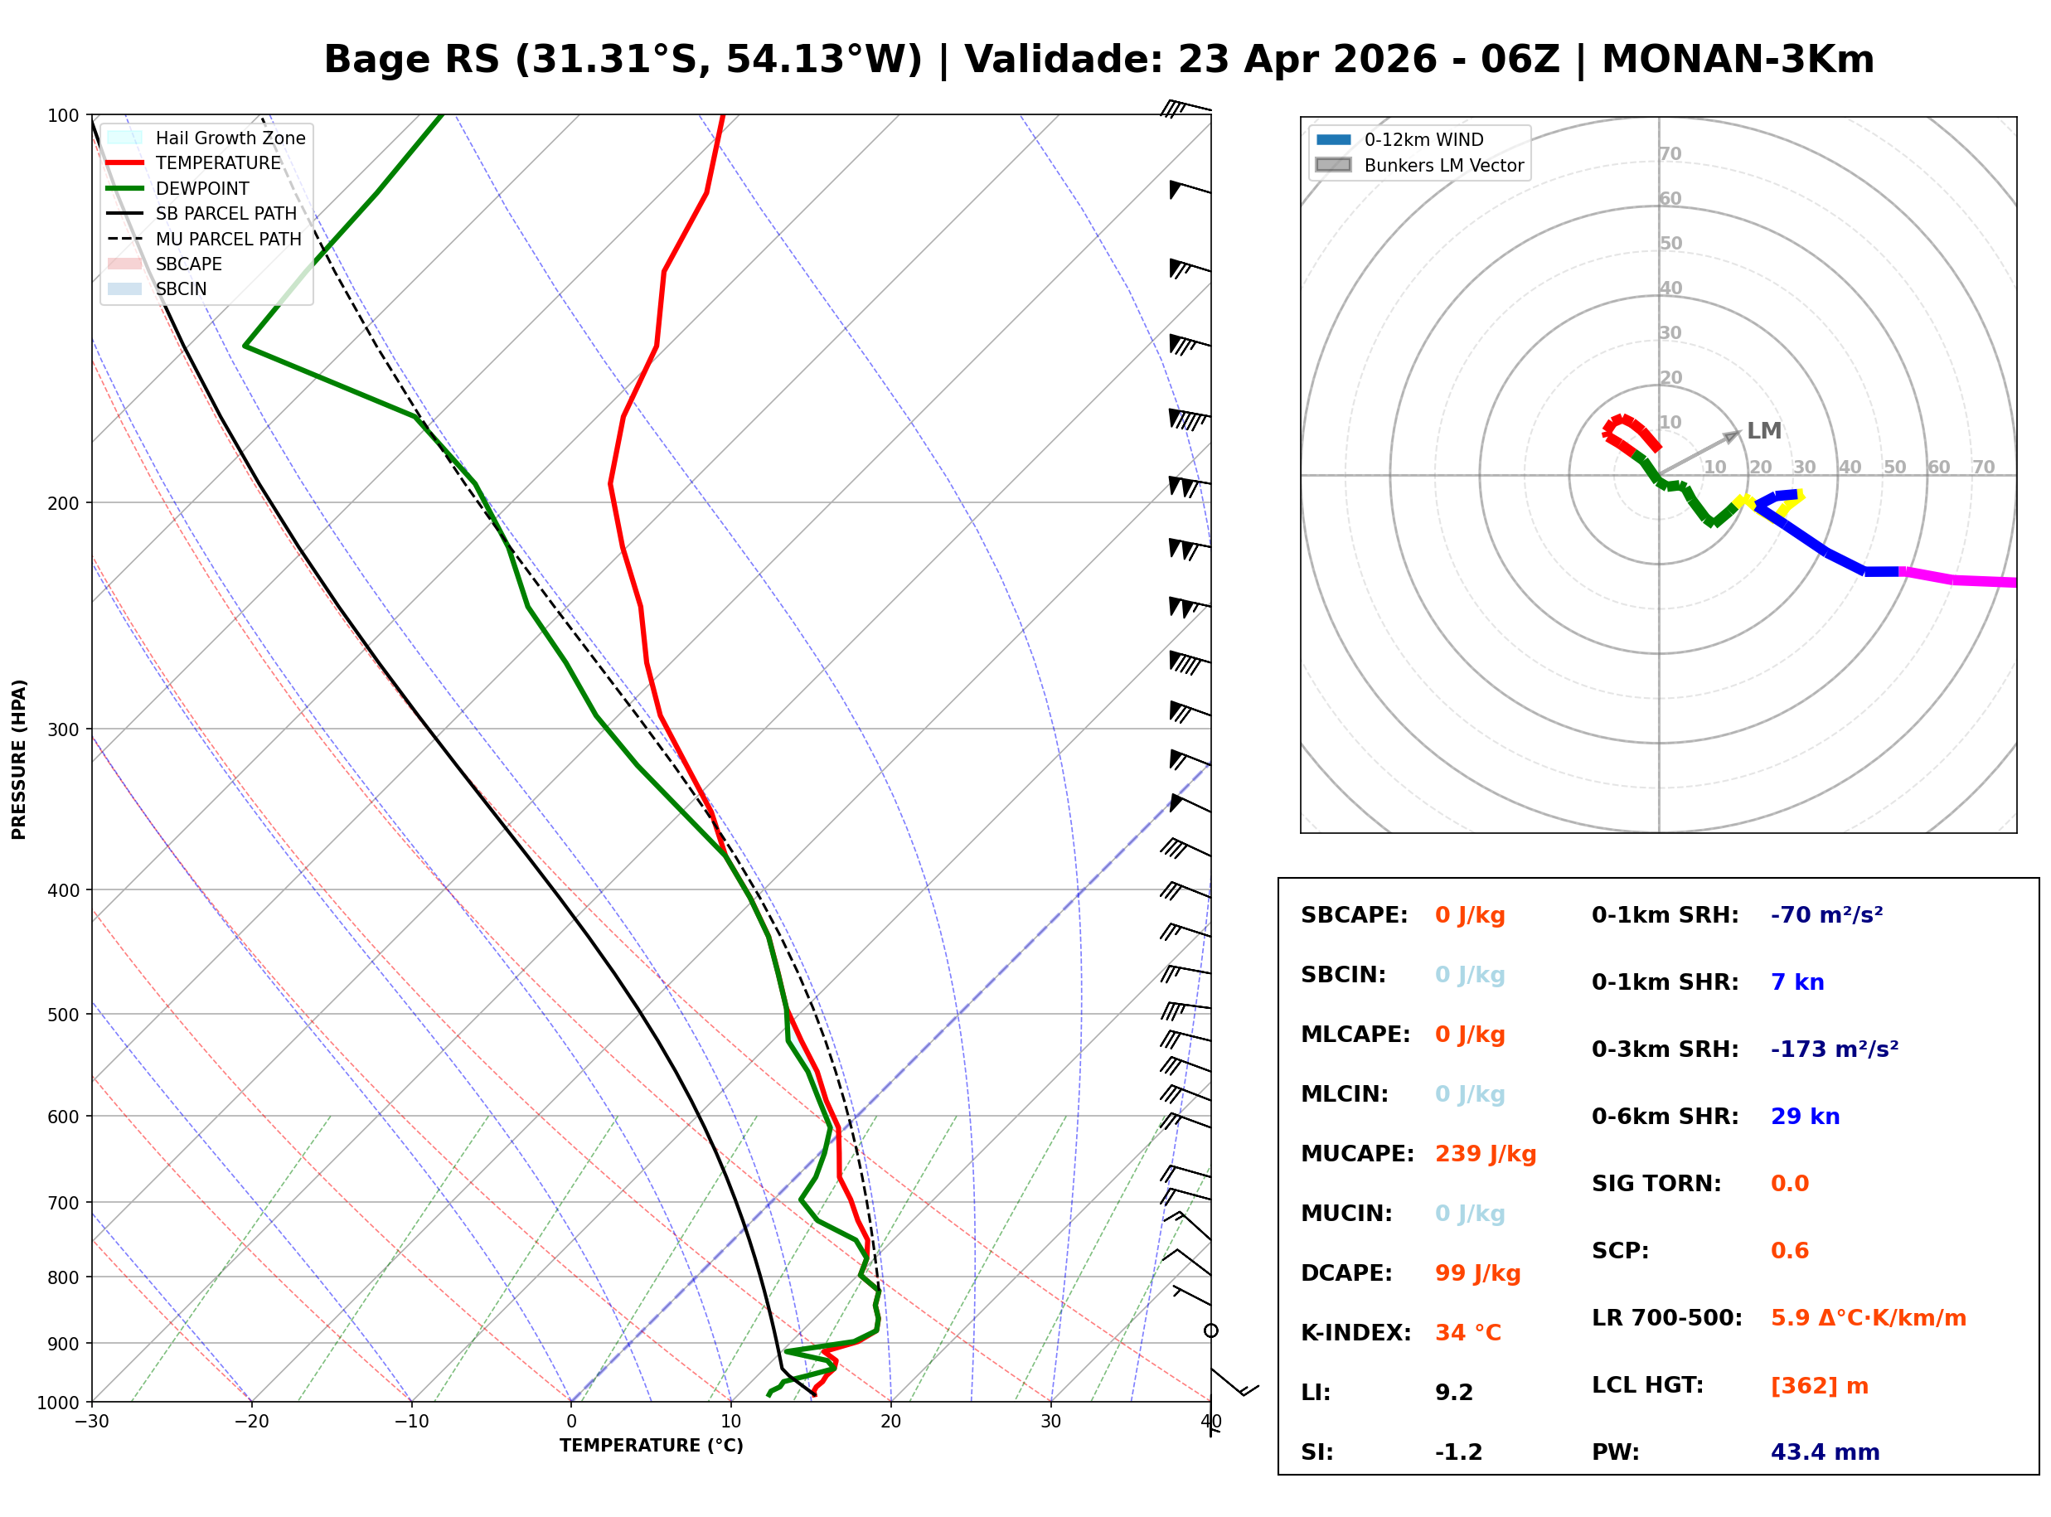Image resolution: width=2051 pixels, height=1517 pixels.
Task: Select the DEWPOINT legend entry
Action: pyautogui.click(x=202, y=188)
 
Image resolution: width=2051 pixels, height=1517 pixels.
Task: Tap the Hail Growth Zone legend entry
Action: pyautogui.click(x=230, y=138)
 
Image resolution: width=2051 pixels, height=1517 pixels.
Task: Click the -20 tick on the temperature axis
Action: pyautogui.click(x=250, y=1422)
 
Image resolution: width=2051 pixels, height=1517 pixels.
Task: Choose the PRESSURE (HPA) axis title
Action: pyautogui.click(x=19, y=758)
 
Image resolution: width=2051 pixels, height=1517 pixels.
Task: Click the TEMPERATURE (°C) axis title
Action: pyautogui.click(x=651, y=1446)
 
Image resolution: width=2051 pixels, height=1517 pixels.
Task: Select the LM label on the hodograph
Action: pyautogui.click(x=1763, y=431)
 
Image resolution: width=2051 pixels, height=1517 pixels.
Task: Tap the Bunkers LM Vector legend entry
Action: pyautogui.click(x=1443, y=165)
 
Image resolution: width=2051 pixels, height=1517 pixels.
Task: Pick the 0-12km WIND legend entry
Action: pyautogui.click(x=1423, y=139)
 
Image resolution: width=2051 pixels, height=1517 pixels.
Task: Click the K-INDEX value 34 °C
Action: pyautogui.click(x=1467, y=1332)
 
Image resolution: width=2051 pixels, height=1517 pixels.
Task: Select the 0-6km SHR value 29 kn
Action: pyautogui.click(x=1804, y=1116)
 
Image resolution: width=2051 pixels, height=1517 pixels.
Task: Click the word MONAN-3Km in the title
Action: pyautogui.click(x=1737, y=60)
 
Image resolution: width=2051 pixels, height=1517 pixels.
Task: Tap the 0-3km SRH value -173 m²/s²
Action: pyautogui.click(x=1834, y=1049)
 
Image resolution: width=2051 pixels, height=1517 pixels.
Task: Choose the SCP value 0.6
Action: pyautogui.click(x=1788, y=1250)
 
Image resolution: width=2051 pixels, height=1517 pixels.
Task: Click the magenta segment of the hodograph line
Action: pyautogui.click(x=1956, y=579)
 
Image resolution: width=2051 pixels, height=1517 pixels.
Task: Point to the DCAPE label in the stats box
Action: pyautogui.click(x=1345, y=1272)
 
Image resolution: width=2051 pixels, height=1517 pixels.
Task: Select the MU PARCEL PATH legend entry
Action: pyautogui.click(x=228, y=239)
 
